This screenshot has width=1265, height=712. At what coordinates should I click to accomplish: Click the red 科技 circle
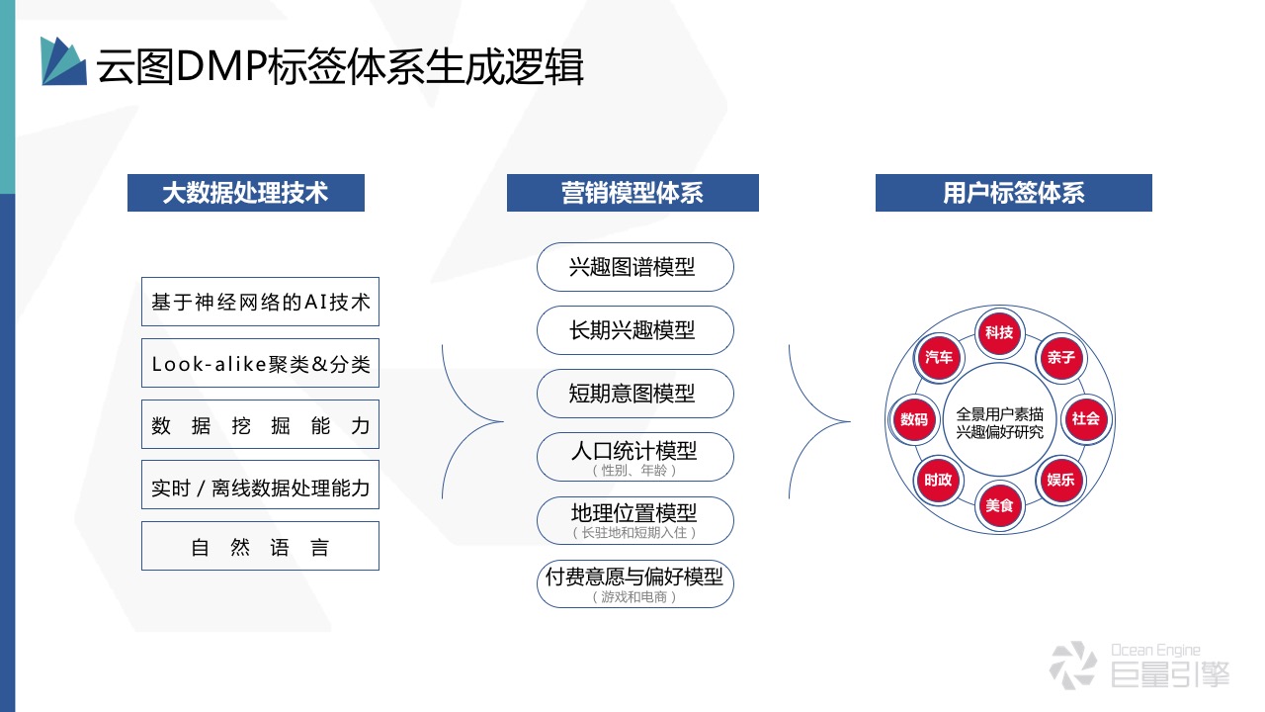pyautogui.click(x=999, y=333)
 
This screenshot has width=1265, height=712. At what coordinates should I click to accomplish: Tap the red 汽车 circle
pyautogui.click(x=939, y=358)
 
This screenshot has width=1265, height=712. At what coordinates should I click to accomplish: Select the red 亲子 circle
pyautogui.click(x=1060, y=358)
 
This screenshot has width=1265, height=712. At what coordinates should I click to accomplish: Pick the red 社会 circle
pyautogui.click(x=1085, y=418)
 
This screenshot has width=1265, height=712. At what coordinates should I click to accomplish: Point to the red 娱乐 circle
pyautogui.click(x=1060, y=480)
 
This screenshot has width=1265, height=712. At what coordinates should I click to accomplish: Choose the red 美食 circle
pyautogui.click(x=999, y=505)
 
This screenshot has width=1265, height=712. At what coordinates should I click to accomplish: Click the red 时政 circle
pyautogui.click(x=939, y=480)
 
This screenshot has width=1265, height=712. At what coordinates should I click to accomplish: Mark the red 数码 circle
pyautogui.click(x=914, y=419)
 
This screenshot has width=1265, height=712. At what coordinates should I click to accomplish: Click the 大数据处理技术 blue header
pyautogui.click(x=246, y=193)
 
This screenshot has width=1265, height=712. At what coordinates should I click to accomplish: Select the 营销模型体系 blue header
pyautogui.click(x=632, y=193)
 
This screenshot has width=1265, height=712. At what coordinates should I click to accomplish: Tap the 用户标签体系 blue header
pyautogui.click(x=1014, y=193)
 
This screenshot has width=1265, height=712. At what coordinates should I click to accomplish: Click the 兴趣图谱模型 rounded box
pyautogui.click(x=635, y=267)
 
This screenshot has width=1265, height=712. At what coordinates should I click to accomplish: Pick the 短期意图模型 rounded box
pyautogui.click(x=635, y=394)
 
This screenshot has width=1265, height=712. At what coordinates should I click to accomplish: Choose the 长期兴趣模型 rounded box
pyautogui.click(x=635, y=330)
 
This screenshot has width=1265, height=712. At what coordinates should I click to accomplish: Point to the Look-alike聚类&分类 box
pyautogui.click(x=260, y=364)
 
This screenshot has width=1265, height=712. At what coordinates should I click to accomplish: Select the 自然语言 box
pyautogui.click(x=260, y=547)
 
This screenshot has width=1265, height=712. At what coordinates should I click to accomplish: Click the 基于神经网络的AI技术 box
pyautogui.click(x=260, y=303)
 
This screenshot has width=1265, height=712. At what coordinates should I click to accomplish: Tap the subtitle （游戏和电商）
pyautogui.click(x=635, y=597)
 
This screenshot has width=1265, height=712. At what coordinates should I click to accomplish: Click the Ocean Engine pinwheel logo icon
pyautogui.click(x=1072, y=665)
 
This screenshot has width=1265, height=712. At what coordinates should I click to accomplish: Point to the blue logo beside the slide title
pyautogui.click(x=63, y=61)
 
